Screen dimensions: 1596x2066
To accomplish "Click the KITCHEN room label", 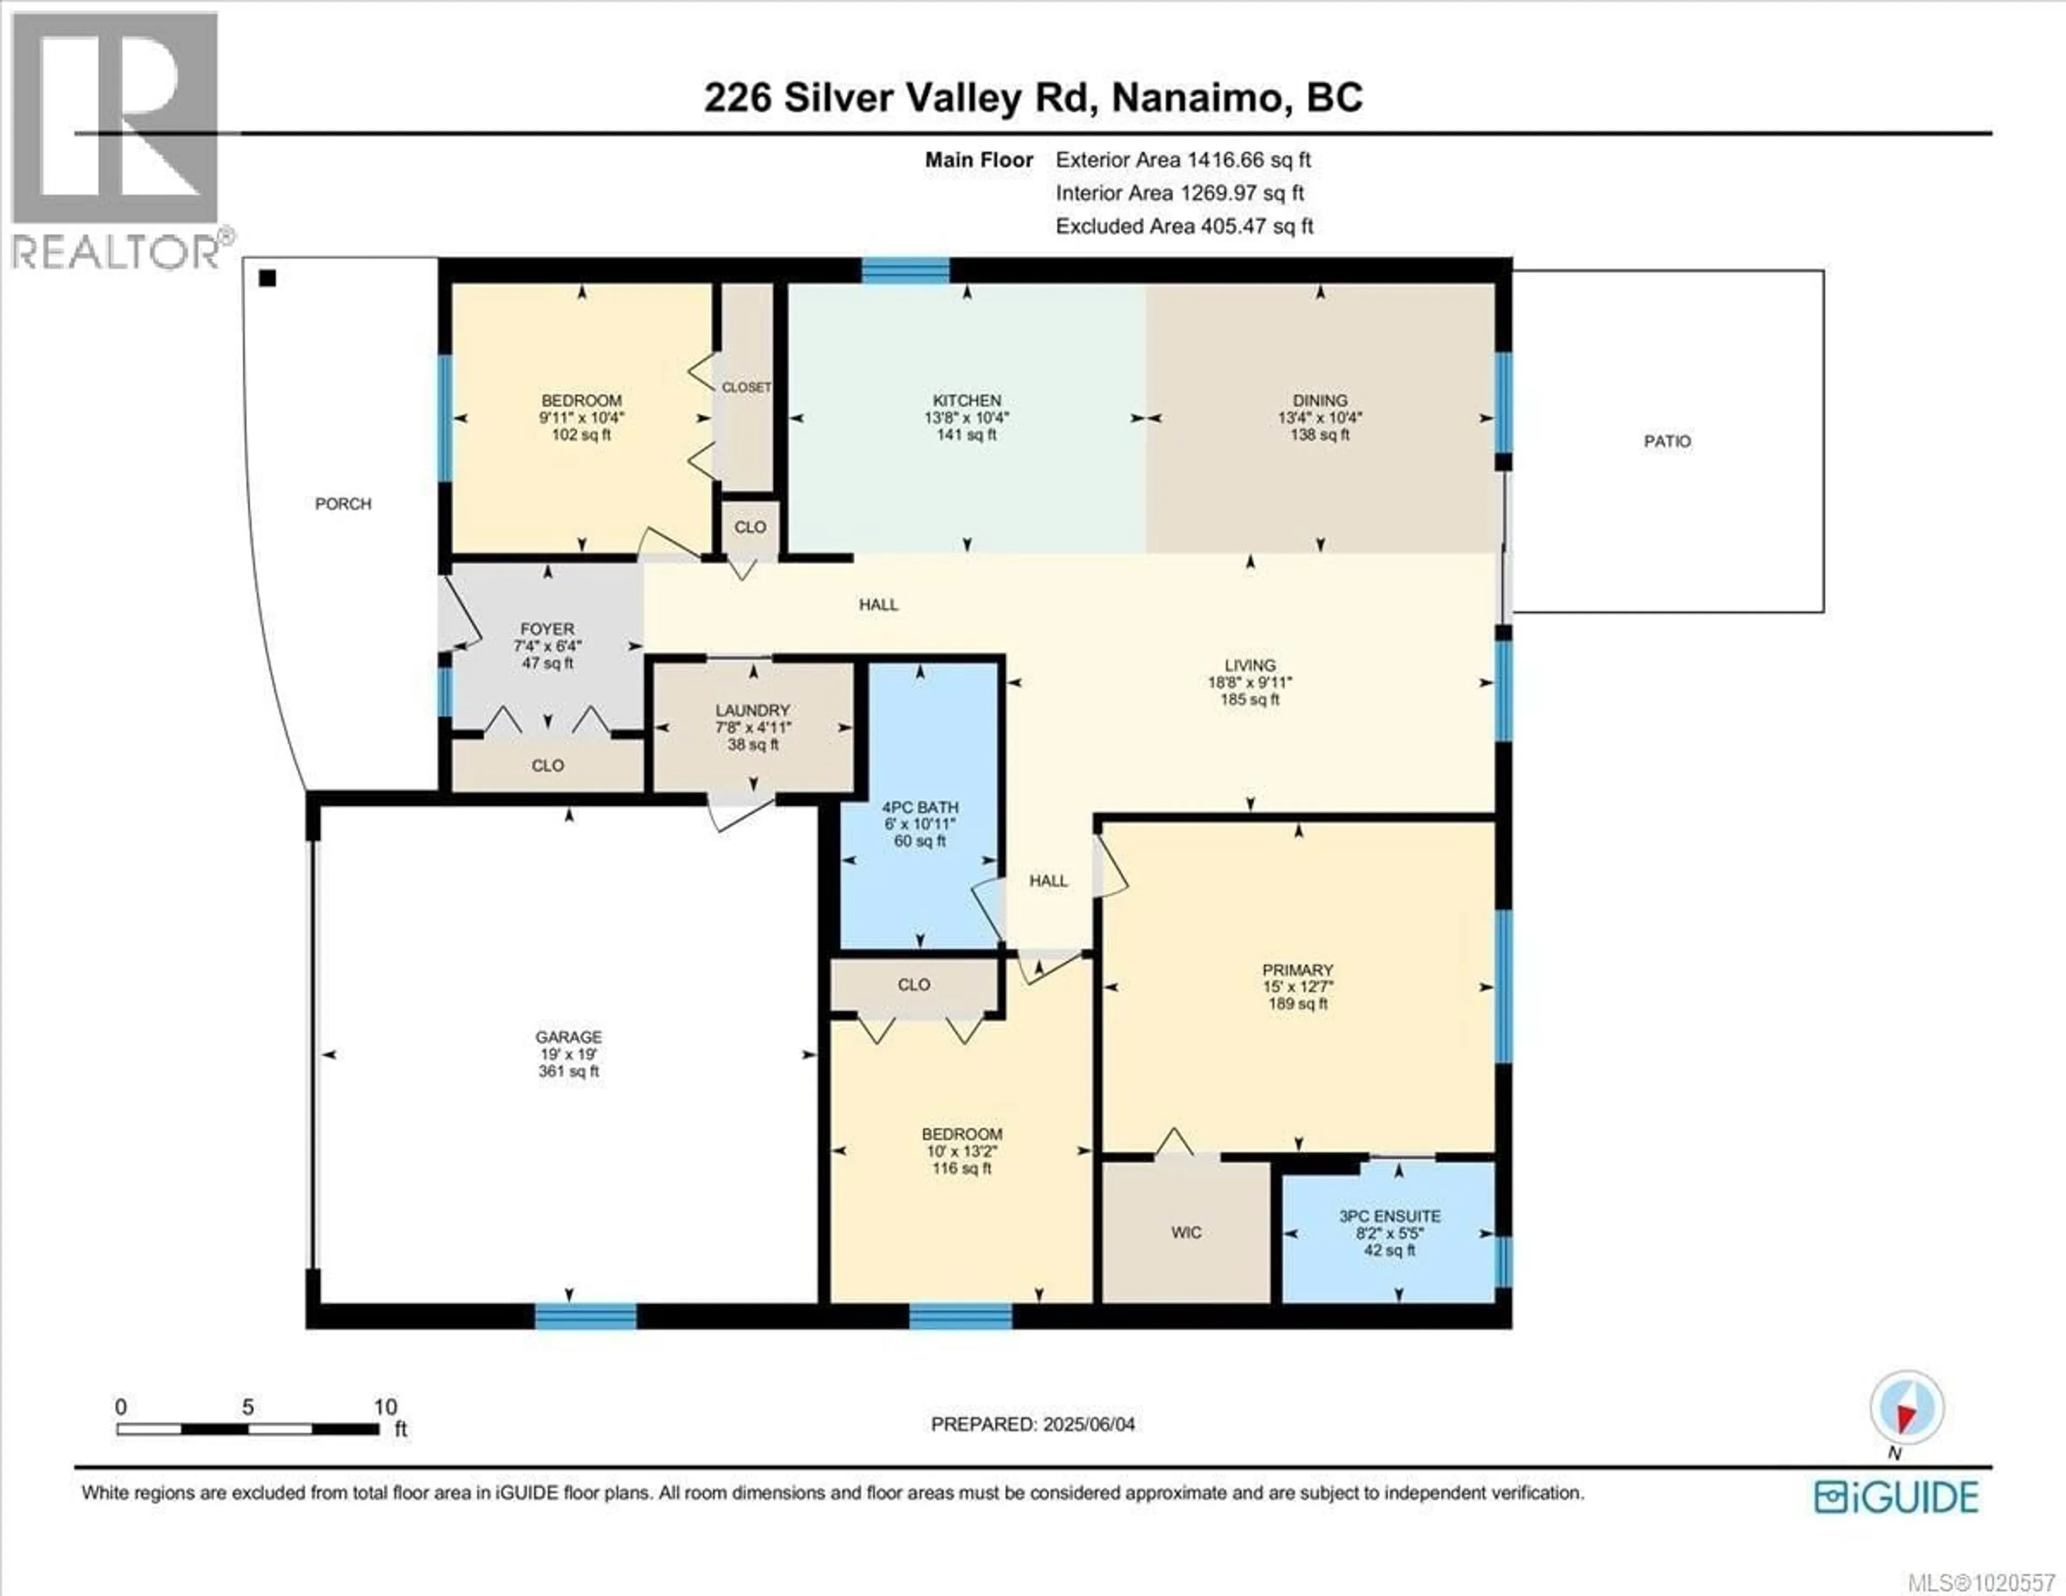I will pyautogui.click(x=966, y=400).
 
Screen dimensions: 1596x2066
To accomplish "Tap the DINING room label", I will pyautogui.click(x=1320, y=400).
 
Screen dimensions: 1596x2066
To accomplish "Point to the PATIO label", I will pyautogui.click(x=1667, y=441).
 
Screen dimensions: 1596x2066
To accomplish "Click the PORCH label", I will pyautogui.click(x=342, y=503).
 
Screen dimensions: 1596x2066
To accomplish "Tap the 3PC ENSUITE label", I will pyautogui.click(x=1390, y=1216).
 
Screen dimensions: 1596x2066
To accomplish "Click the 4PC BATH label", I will pyautogui.click(x=919, y=807).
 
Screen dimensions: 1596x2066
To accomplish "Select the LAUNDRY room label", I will pyautogui.click(x=752, y=710).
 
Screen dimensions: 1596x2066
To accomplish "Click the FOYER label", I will pyautogui.click(x=547, y=628).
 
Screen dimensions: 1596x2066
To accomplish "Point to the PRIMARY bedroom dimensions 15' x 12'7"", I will pyautogui.click(x=1297, y=987).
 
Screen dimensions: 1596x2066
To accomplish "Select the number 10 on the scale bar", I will pyautogui.click(x=385, y=1407).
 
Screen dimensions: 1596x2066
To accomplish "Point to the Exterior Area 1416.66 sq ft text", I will pyautogui.click(x=1183, y=160).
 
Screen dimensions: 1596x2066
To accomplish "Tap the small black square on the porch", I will pyautogui.click(x=268, y=278).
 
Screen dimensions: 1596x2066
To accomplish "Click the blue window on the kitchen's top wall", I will pyautogui.click(x=905, y=272).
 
